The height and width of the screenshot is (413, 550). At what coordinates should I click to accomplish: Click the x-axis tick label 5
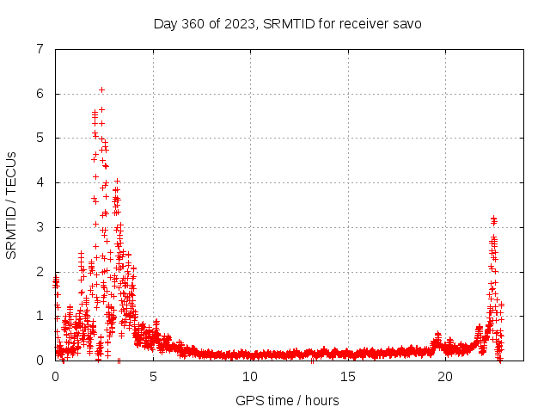pyautogui.click(x=153, y=376)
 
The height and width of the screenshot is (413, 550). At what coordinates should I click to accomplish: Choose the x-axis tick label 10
pyautogui.click(x=250, y=376)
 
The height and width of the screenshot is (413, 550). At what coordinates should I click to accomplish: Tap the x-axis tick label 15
pyautogui.click(x=347, y=376)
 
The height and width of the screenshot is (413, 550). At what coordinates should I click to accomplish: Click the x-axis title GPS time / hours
pyautogui.click(x=287, y=400)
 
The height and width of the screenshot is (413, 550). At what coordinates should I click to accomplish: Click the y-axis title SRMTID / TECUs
pyautogui.click(x=11, y=205)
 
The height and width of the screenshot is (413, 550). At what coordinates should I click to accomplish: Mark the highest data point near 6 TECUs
pyautogui.click(x=101, y=89)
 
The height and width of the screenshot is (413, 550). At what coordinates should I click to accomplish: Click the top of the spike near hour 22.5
pyautogui.click(x=493, y=219)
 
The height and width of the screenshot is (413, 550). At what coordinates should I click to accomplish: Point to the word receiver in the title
pyautogui.click(x=364, y=23)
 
